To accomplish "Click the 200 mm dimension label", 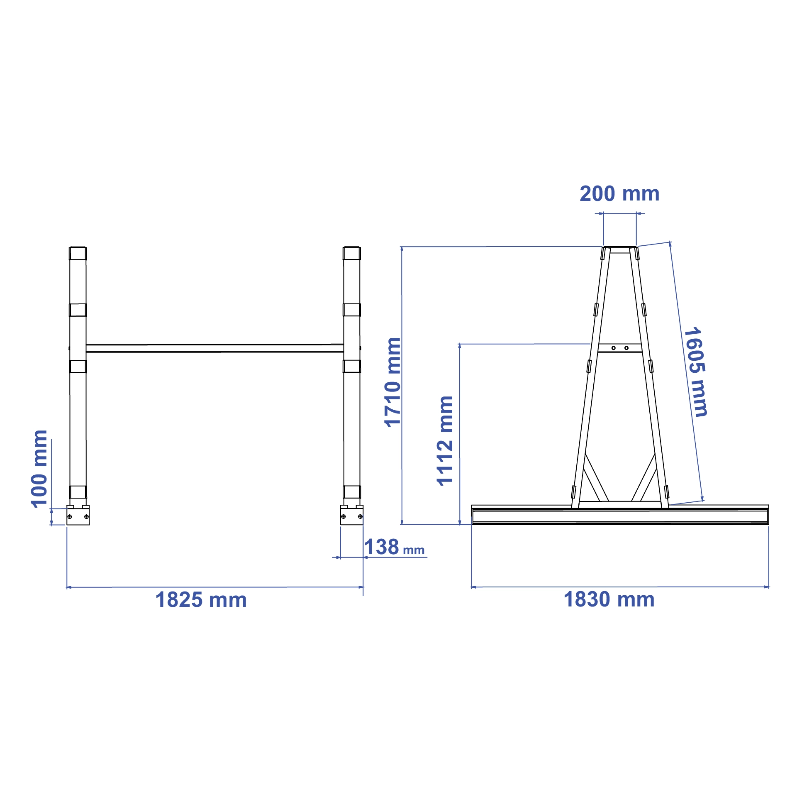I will click(619, 194).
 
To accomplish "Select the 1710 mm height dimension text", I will click(392, 382).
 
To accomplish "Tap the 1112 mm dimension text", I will click(445, 440).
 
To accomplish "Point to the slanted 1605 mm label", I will click(696, 372).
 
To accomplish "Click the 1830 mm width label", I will click(609, 599).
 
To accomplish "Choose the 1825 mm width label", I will click(201, 600).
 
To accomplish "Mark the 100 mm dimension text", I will click(39, 469).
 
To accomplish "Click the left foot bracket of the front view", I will click(78, 516).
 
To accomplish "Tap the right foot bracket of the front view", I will click(351, 516).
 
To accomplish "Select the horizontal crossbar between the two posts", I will click(214, 348).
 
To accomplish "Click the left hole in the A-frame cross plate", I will click(613, 348).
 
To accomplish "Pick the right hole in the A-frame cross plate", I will click(626, 348).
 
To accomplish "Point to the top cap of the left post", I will click(78, 253).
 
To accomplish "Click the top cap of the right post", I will click(351, 253).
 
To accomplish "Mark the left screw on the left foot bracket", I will click(70, 516).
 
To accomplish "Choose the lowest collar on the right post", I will click(351, 492).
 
